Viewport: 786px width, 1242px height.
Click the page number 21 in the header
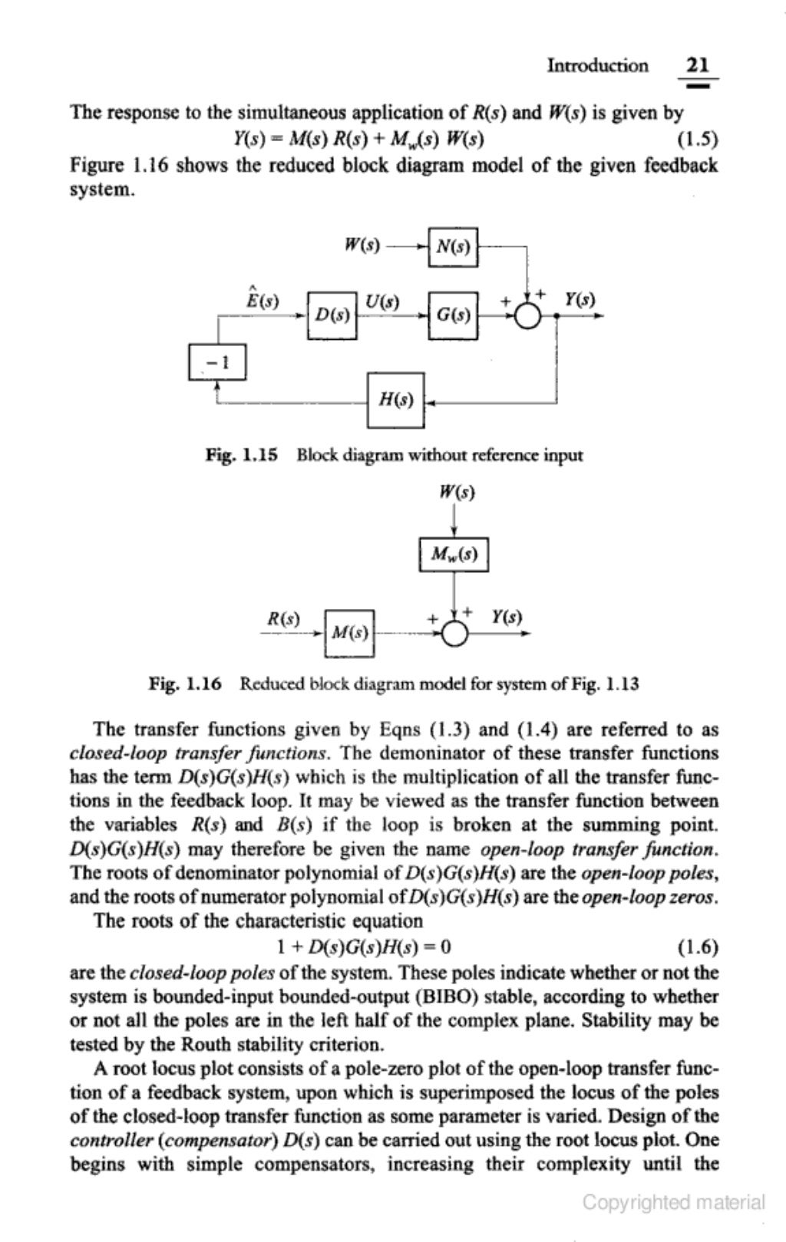coord(698,65)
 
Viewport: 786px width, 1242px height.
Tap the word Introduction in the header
coord(596,65)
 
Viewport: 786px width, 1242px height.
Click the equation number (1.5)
coord(696,139)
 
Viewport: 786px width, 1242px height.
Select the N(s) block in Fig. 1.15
coord(453,247)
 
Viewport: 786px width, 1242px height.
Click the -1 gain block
coord(217,363)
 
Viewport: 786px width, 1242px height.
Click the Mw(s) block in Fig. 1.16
coord(453,554)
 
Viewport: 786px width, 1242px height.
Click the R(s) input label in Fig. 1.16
coord(282,618)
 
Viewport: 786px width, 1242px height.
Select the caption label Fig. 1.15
coord(241,455)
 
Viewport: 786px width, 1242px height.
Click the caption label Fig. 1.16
coord(185,683)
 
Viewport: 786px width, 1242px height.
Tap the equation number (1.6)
coord(698,946)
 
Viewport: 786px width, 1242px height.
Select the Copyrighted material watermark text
coord(673,1201)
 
